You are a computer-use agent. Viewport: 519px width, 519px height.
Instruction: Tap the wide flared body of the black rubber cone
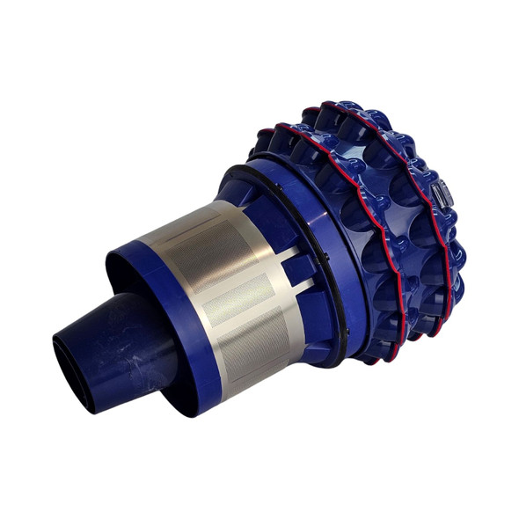pos(132,339)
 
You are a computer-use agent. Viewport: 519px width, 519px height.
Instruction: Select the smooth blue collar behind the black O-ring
pos(347,264)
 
